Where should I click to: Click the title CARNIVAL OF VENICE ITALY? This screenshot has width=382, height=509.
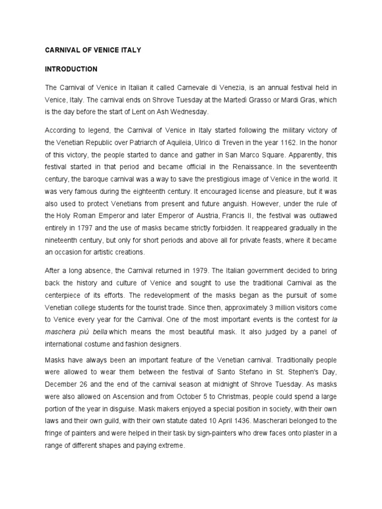tap(93, 50)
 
